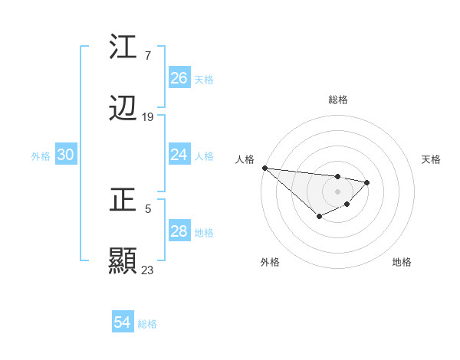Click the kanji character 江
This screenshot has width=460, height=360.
click(123, 47)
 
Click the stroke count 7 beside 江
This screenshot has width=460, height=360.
click(147, 55)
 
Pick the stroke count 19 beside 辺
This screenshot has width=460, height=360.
click(148, 117)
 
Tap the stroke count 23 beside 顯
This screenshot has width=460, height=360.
click(148, 270)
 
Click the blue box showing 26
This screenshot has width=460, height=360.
click(179, 77)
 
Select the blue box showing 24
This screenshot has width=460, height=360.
click(179, 155)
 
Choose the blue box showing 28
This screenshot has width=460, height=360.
click(179, 231)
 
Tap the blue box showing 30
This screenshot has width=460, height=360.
click(66, 155)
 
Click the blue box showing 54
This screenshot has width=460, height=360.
click(123, 322)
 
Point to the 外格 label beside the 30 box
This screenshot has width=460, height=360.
click(41, 156)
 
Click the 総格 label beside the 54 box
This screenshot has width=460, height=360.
click(147, 324)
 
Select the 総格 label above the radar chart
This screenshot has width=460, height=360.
click(338, 100)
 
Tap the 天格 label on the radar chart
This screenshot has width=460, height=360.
click(432, 159)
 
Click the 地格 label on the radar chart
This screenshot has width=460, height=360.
click(402, 262)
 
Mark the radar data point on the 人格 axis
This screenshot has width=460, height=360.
click(264, 168)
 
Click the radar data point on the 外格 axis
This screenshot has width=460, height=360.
click(319, 217)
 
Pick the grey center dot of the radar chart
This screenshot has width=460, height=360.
click(338, 191)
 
